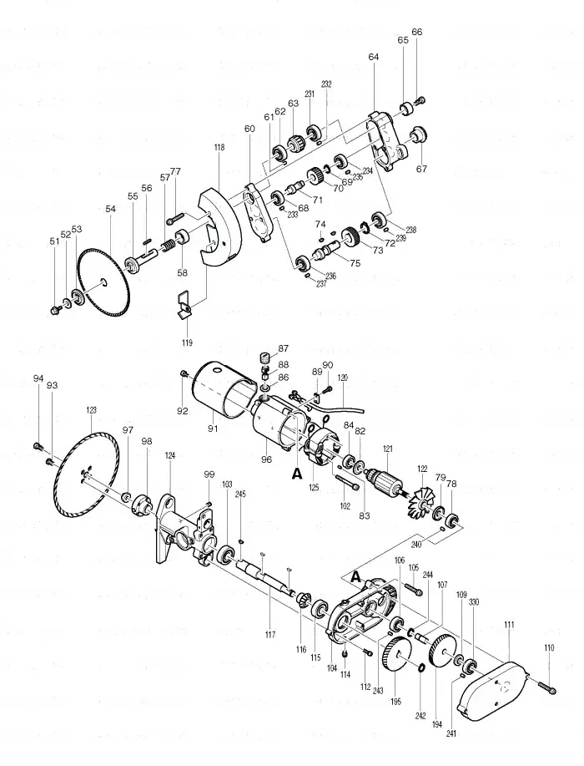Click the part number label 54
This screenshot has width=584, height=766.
[111, 209]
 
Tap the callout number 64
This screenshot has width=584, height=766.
[373, 57]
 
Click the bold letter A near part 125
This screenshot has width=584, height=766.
[296, 473]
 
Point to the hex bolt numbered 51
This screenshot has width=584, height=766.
[56, 310]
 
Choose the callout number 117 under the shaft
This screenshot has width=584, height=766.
[269, 635]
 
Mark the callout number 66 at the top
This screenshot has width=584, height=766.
[417, 32]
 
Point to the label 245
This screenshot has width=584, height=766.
[240, 494]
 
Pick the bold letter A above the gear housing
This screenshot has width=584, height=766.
[357, 576]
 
